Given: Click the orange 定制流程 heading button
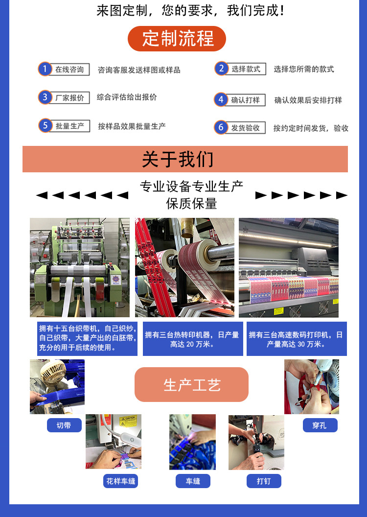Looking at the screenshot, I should coord(177,39).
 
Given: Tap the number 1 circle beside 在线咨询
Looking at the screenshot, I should coord(45,69).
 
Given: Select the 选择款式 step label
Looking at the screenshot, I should coord(246,69).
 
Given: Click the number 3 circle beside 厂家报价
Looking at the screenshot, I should coord(45,97).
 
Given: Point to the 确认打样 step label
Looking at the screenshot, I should coord(246,100).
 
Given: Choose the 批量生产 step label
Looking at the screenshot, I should coord(70,126).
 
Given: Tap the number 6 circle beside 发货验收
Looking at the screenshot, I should coord(221,128).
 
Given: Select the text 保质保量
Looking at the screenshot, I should coord(191,204).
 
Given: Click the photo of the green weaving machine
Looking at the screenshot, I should coord(80,267).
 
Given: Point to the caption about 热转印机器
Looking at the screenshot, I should coord(192,339).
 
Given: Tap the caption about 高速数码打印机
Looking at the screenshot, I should coord(296,339).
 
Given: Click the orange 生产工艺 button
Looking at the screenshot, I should coord(191,385).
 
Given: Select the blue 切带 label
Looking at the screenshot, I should coord(64,425).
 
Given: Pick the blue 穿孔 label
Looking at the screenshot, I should coord(319,425).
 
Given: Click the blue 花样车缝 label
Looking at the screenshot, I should coord(120,481).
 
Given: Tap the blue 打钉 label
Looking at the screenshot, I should coord(264,481).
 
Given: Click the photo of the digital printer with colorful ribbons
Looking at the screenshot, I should coord(288,267).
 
